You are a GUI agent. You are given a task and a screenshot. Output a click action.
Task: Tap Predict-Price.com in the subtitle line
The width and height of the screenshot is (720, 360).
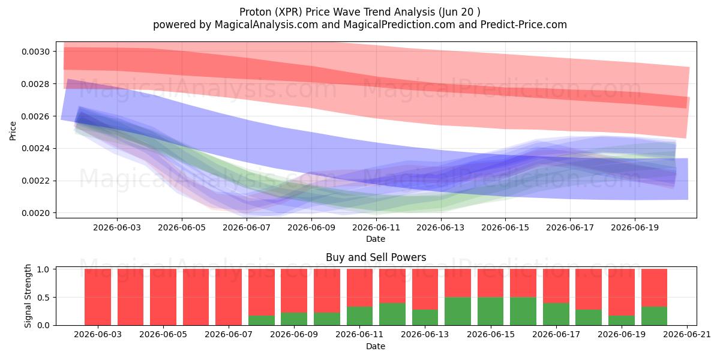click(x=524, y=25)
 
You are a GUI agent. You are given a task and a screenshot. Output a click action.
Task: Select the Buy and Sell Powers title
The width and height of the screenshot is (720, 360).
click(x=376, y=257)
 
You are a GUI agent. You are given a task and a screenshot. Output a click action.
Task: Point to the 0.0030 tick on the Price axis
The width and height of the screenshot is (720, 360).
click(x=35, y=52)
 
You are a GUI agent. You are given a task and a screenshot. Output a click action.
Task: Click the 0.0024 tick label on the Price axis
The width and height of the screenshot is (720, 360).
click(x=35, y=149)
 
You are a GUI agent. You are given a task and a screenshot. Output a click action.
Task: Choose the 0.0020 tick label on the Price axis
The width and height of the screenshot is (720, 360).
click(x=35, y=213)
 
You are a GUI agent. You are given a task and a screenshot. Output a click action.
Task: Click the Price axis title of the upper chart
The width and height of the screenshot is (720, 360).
click(x=13, y=131)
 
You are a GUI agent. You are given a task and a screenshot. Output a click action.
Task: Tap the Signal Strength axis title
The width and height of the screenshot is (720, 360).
click(x=28, y=296)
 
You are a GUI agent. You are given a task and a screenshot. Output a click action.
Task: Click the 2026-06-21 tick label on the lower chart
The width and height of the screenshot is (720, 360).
click(x=687, y=335)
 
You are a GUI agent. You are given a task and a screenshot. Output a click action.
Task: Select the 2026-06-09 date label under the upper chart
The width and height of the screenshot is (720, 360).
click(x=311, y=227)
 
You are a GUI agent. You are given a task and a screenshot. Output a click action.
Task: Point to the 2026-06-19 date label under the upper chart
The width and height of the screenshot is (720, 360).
click(x=635, y=227)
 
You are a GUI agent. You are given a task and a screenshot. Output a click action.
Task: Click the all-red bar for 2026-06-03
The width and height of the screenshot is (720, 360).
click(x=98, y=298)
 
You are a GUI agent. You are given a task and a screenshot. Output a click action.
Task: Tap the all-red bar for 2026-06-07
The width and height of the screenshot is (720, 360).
click(x=229, y=298)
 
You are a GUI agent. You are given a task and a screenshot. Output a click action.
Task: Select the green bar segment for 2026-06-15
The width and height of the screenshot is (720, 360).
click(x=491, y=311)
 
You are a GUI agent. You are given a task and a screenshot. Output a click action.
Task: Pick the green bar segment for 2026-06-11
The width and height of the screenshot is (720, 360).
click(x=359, y=316)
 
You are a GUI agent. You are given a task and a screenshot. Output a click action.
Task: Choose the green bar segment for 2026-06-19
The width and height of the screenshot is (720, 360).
click(x=622, y=320)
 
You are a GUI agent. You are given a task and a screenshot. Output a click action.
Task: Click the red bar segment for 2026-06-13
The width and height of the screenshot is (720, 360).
click(x=425, y=289)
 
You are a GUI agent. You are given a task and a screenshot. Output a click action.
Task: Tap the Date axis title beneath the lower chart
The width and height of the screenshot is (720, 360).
click(x=376, y=346)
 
